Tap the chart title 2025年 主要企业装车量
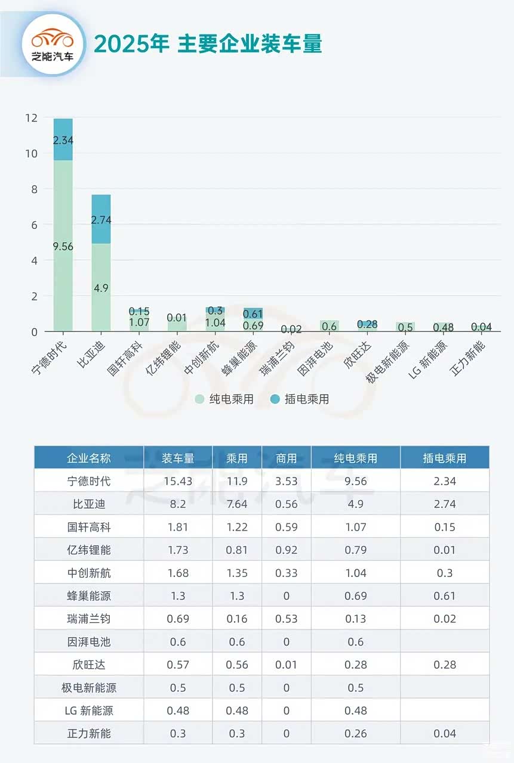[208, 44]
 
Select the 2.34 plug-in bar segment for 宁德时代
[63, 140]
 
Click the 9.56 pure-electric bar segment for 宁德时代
[63, 246]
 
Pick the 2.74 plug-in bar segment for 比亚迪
[101, 219]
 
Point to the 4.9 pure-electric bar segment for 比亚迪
[101, 287]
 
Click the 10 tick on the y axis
[31, 154]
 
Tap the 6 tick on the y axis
[33, 225]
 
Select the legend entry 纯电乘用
[224, 399]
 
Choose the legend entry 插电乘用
[300, 399]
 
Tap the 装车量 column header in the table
[178, 458]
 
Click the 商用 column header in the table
[287, 458]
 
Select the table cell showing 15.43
[178, 481]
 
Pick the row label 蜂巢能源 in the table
[89, 596]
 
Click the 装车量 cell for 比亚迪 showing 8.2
[178, 504]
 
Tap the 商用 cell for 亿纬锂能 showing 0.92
[287, 550]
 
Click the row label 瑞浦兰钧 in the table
[89, 619]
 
